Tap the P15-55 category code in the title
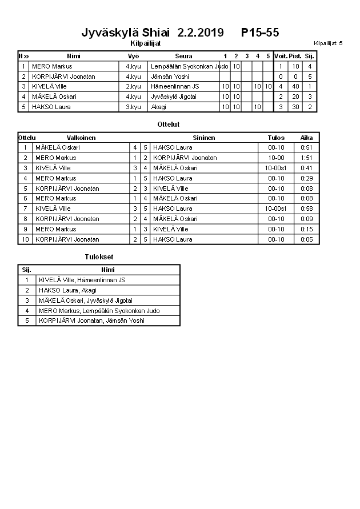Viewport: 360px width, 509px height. point(260,32)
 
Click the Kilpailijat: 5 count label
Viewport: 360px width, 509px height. point(328,43)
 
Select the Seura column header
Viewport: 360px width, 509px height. point(183,56)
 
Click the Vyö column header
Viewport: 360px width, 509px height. point(133,56)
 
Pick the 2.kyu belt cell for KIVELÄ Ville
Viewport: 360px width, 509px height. point(133,86)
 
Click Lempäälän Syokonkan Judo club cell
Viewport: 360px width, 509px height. point(184,66)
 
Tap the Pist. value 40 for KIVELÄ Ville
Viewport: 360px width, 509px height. point(295,86)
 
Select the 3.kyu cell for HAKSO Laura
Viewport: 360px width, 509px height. point(133,107)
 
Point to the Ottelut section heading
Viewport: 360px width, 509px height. point(168,124)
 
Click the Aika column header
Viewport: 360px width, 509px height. point(307,138)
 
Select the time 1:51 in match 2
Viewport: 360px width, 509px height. point(307,158)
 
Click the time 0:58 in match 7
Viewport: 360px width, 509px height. point(307,209)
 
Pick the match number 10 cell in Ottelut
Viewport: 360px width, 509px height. point(25,239)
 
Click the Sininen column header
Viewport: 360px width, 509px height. point(204,138)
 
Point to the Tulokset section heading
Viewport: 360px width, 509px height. point(99,257)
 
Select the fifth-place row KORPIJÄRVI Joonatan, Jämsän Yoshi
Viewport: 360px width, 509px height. point(91,320)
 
